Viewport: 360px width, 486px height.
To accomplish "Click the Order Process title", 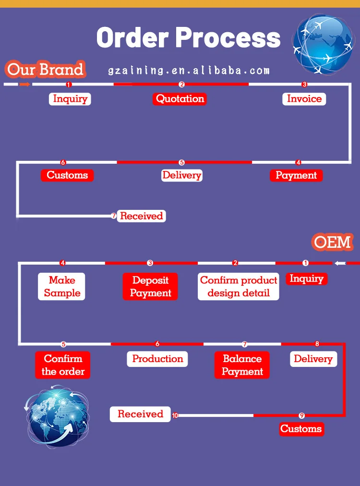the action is [188, 37].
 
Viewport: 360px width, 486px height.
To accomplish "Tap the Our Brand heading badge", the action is [45, 70].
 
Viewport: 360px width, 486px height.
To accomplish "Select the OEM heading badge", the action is [333, 242].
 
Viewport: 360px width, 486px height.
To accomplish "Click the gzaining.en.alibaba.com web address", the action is [189, 71].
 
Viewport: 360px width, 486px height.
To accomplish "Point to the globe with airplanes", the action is [323, 43].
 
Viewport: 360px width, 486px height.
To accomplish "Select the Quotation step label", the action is [180, 99].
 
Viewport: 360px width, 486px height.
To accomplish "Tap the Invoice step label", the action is [304, 99].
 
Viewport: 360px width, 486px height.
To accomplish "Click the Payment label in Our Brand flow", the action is [296, 175].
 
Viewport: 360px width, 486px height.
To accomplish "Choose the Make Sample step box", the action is [61, 287].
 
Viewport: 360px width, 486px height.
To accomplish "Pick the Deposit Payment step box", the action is [150, 287].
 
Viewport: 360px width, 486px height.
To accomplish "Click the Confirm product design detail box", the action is [239, 287].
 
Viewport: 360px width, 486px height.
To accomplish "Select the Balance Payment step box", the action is [242, 365].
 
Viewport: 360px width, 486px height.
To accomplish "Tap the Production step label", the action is [157, 359].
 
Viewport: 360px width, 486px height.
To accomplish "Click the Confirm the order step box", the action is [62, 365].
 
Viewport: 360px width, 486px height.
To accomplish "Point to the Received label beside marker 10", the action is [140, 414].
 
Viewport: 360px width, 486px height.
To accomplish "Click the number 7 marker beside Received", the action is [114, 216].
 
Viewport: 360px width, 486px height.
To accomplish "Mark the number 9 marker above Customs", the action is [302, 415].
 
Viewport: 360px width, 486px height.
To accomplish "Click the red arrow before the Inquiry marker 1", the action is [25, 85].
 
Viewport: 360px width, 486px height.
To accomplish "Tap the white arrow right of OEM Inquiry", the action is [340, 263].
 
